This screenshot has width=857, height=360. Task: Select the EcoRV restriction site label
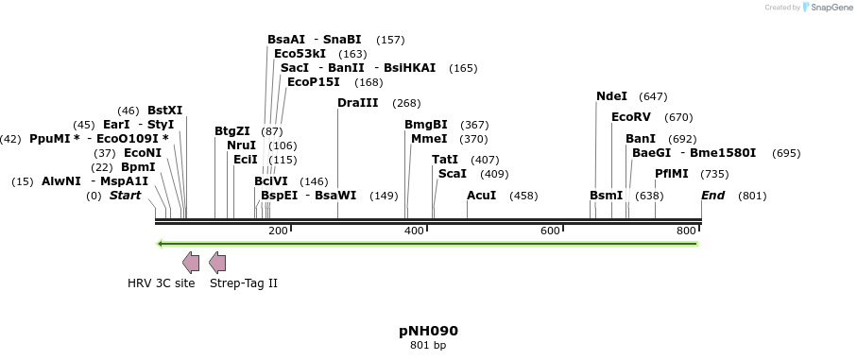[631, 117]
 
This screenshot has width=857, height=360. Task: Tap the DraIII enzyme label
[357, 103]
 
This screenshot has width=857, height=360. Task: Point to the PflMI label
[673, 174]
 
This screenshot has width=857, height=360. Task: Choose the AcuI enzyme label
[482, 196]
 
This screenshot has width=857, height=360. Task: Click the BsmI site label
[606, 196]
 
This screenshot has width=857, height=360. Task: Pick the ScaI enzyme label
[453, 174]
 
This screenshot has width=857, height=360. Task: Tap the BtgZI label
[232, 131]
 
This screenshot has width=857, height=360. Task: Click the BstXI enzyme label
[165, 111]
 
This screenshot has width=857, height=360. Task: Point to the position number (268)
[406, 103]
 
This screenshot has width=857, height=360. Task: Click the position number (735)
[714, 174]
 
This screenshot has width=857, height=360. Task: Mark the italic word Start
[127, 196]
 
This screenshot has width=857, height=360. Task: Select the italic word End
[712, 196]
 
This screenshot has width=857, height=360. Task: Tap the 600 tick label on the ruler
[550, 231]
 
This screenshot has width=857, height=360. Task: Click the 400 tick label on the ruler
[414, 231]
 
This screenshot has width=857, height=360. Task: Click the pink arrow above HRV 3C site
[190, 262]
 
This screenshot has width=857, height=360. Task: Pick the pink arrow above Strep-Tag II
[217, 262]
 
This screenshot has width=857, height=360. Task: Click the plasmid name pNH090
[428, 332]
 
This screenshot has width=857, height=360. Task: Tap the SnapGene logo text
[827, 8]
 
